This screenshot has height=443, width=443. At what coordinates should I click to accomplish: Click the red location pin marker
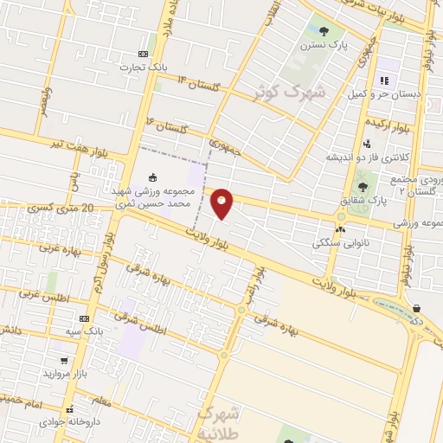(222, 202)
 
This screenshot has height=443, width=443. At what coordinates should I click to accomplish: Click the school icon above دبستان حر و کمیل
(384, 81)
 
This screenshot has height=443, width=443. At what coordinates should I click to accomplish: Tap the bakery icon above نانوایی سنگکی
(340, 230)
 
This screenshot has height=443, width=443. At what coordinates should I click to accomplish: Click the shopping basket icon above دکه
(417, 308)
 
